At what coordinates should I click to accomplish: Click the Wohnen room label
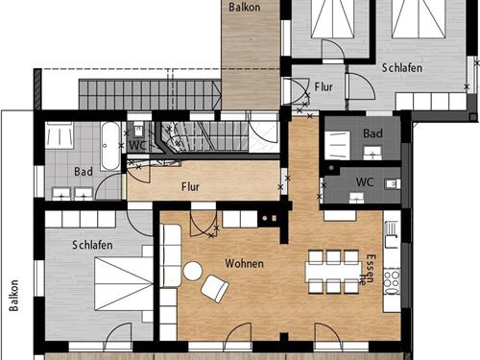(x=245, y=264)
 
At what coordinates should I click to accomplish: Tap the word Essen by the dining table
(x=372, y=268)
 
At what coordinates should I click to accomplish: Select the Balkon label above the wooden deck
(x=245, y=7)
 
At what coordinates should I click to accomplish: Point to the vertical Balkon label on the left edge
(x=13, y=296)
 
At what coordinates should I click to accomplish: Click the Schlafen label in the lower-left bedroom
(x=92, y=245)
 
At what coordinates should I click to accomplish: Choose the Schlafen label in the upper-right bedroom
(x=402, y=68)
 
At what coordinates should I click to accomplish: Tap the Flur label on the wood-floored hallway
(x=190, y=187)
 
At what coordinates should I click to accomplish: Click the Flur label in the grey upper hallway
(x=324, y=86)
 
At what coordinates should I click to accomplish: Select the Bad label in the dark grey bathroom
(x=372, y=133)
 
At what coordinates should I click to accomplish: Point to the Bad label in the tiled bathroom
(x=84, y=172)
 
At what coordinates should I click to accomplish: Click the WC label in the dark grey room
(x=365, y=182)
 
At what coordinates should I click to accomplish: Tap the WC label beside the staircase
(x=137, y=146)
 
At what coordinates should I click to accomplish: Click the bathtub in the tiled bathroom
(x=110, y=146)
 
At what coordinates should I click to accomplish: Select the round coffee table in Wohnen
(x=193, y=271)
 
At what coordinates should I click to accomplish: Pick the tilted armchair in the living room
(x=215, y=289)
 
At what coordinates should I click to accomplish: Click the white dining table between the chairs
(x=333, y=272)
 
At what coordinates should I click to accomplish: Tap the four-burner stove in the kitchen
(x=392, y=280)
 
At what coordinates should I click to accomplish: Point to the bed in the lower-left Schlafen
(x=124, y=284)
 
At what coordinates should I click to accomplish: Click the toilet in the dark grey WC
(x=393, y=184)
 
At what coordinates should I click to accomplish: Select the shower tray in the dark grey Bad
(x=338, y=145)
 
